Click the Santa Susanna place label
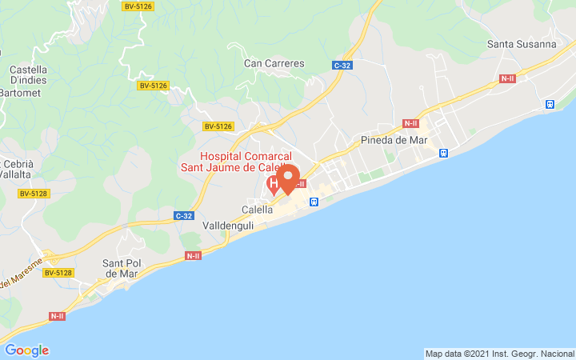tap(521, 44)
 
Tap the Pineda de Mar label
tap(394, 139)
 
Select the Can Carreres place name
tap(274, 62)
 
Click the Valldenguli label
tap(228, 226)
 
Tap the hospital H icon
tap(274, 186)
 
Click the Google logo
tap(26, 350)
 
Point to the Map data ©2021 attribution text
tap(498, 354)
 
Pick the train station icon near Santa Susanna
tap(550, 104)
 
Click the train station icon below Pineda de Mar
tap(443, 153)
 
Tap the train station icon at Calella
tap(314, 202)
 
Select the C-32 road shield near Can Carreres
tap(342, 65)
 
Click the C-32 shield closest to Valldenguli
tap(183, 215)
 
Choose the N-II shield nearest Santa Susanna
tap(507, 78)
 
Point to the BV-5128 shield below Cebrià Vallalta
tap(34, 193)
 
